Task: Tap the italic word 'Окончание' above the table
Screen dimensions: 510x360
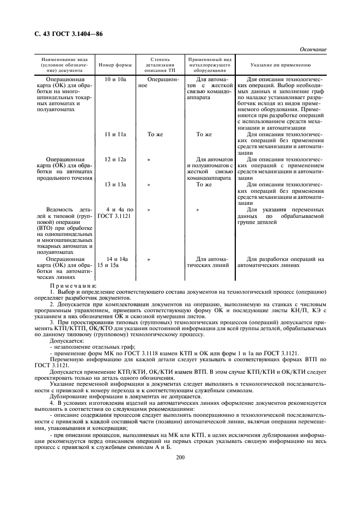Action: click(x=312, y=50)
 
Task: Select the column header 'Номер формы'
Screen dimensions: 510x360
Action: click(x=115, y=64)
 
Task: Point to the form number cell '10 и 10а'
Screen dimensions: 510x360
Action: click(x=115, y=79)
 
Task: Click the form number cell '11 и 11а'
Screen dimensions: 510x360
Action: click(x=115, y=134)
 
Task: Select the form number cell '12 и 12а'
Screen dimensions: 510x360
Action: click(x=115, y=159)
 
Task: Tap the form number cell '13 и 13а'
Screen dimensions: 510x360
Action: click(x=115, y=185)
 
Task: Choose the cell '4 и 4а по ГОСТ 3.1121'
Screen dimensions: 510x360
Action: click(x=115, y=213)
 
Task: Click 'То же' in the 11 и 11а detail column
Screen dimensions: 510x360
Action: click(x=156, y=134)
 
